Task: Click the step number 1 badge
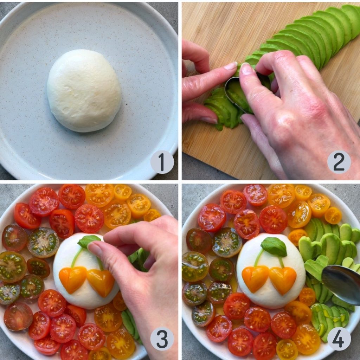tap(162, 162)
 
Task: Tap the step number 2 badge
tap(339, 162)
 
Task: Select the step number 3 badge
tap(162, 339)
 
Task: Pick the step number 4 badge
tap(339, 339)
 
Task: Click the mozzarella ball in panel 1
tap(84, 90)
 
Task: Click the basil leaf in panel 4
tap(274, 247)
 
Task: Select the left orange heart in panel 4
tap(255, 278)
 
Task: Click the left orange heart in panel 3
tap(73, 278)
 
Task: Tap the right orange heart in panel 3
tap(101, 282)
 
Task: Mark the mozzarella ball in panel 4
tap(271, 271)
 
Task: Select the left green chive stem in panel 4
tap(258, 258)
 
